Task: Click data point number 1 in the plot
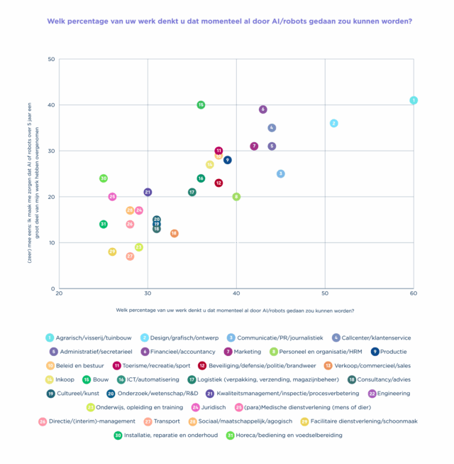[414, 100]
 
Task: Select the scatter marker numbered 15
[201, 104]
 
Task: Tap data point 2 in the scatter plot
[333, 123]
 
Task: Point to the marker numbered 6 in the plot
[262, 109]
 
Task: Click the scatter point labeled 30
[104, 178]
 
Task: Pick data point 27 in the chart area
[130, 256]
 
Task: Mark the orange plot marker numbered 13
[174, 233]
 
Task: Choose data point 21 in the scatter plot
[148, 192]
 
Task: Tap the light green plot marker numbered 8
[236, 196]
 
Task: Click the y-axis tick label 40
[51, 104]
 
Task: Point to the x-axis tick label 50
[325, 293]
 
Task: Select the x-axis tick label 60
[414, 293]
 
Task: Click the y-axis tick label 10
[51, 242]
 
